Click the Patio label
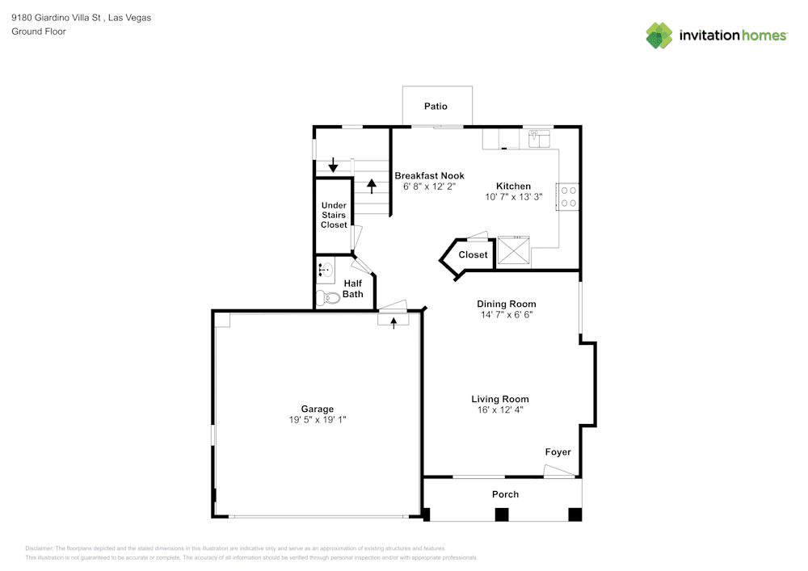point(436,107)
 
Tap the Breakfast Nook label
point(429,176)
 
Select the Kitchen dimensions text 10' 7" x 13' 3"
point(513,197)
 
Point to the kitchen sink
point(539,140)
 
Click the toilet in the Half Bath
point(327,297)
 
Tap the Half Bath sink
point(326,271)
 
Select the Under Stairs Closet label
point(334,215)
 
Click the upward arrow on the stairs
point(372,186)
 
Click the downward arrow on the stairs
point(332,166)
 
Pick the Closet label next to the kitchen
point(473,255)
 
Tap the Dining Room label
point(506,304)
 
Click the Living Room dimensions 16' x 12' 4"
point(500,410)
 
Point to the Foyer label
point(558,452)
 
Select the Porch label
point(506,494)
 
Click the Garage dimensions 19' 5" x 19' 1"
point(318,420)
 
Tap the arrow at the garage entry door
point(394,322)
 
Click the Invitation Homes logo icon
point(659,36)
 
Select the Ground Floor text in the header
point(39,31)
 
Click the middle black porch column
point(502,514)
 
